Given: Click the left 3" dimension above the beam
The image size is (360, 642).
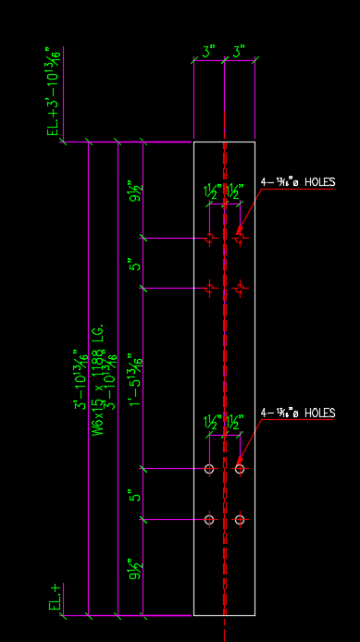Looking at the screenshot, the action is pyautogui.click(x=209, y=54).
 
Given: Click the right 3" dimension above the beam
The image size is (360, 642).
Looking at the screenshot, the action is pyautogui.click(x=240, y=54).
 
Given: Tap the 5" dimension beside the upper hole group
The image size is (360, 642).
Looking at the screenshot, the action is pyautogui.click(x=136, y=265).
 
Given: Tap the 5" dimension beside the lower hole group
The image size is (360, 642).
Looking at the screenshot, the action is pyautogui.click(x=136, y=496).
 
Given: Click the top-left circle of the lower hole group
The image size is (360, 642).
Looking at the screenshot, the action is pyautogui.click(x=209, y=469).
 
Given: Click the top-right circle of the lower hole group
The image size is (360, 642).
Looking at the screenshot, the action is pyautogui.click(x=240, y=469).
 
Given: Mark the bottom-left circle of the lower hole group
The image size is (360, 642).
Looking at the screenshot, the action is pyautogui.click(x=209, y=520).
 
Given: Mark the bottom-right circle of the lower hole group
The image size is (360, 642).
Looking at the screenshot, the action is pyautogui.click(x=240, y=520).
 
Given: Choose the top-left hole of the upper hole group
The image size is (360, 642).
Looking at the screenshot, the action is pyautogui.click(x=210, y=239).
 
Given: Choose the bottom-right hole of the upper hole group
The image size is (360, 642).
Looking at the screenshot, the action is pyautogui.click(x=240, y=289).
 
